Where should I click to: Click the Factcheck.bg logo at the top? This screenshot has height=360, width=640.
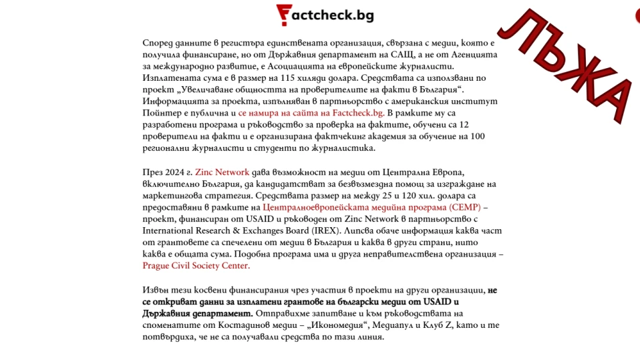[325, 14]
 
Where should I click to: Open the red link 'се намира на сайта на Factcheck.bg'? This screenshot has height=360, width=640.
[311, 114]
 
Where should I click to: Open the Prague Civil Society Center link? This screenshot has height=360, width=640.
[196, 265]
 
